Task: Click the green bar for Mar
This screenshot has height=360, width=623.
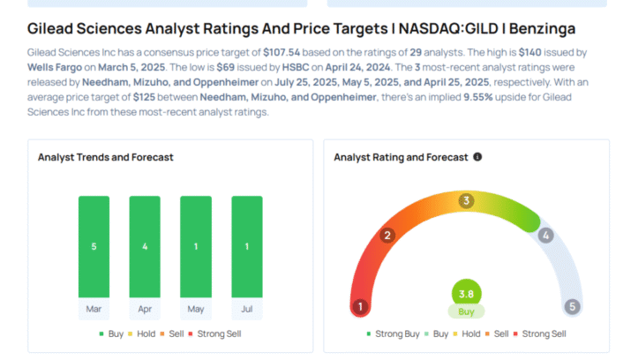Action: click(x=94, y=247)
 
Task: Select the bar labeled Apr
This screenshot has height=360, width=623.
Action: click(x=145, y=247)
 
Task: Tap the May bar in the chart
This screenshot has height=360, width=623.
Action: click(x=196, y=247)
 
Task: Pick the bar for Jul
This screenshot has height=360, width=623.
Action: click(x=247, y=247)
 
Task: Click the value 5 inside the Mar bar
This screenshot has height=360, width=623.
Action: click(x=94, y=247)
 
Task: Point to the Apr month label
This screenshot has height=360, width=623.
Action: click(x=145, y=309)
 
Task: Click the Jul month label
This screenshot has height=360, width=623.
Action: click(x=247, y=309)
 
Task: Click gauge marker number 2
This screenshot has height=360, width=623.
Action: click(x=387, y=236)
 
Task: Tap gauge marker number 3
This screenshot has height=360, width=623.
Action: click(x=466, y=201)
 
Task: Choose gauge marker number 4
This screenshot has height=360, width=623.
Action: click(x=545, y=236)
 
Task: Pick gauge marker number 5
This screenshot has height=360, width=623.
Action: click(x=572, y=307)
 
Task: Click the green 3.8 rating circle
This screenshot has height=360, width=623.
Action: click(x=466, y=294)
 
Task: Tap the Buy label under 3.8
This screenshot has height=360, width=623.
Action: click(x=466, y=311)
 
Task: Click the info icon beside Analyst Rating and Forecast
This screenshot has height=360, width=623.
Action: click(x=477, y=157)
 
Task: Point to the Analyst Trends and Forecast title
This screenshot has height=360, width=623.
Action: click(x=105, y=157)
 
